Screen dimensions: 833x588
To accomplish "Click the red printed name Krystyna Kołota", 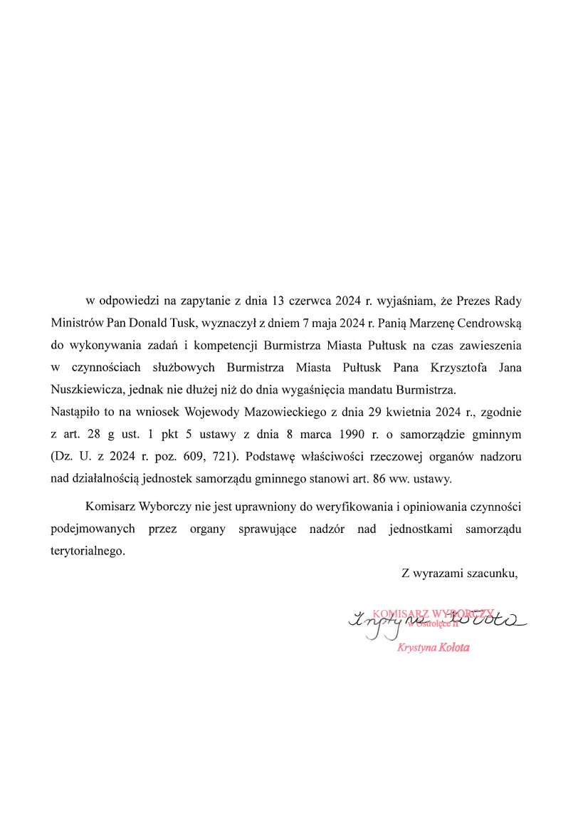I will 434,648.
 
